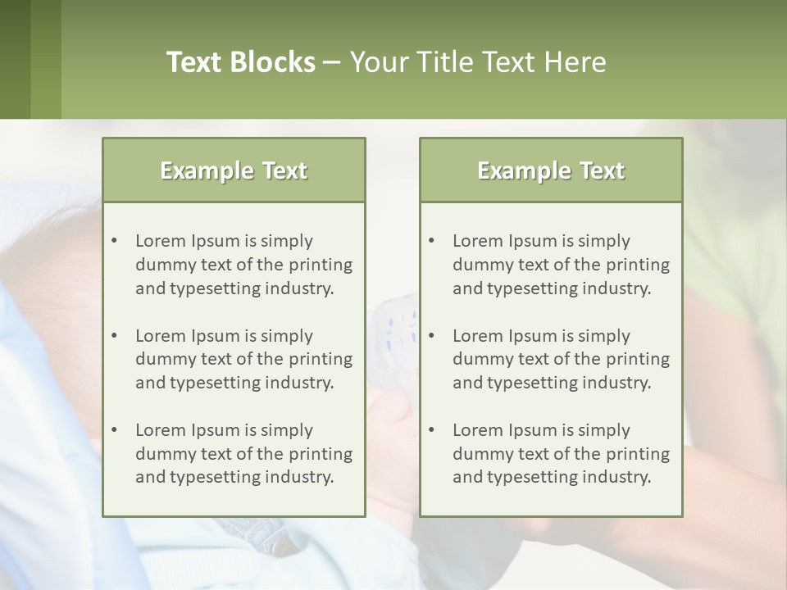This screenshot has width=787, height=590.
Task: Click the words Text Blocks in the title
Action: (x=240, y=62)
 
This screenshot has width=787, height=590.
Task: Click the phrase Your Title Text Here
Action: (x=478, y=62)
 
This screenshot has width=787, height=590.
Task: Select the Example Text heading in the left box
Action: (x=234, y=170)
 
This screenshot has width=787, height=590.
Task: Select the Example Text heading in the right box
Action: (x=551, y=170)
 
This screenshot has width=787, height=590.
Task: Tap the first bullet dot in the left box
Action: (x=115, y=241)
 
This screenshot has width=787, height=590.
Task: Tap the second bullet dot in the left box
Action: (x=115, y=336)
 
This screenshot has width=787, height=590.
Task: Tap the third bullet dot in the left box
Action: (x=115, y=430)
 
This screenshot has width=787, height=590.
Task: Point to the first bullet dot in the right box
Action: (x=432, y=241)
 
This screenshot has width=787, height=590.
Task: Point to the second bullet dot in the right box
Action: (x=432, y=336)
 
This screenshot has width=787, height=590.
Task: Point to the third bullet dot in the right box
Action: (x=432, y=430)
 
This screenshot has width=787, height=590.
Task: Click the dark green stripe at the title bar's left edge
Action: (x=15, y=59)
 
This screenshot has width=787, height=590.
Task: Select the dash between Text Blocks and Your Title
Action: (x=332, y=63)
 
